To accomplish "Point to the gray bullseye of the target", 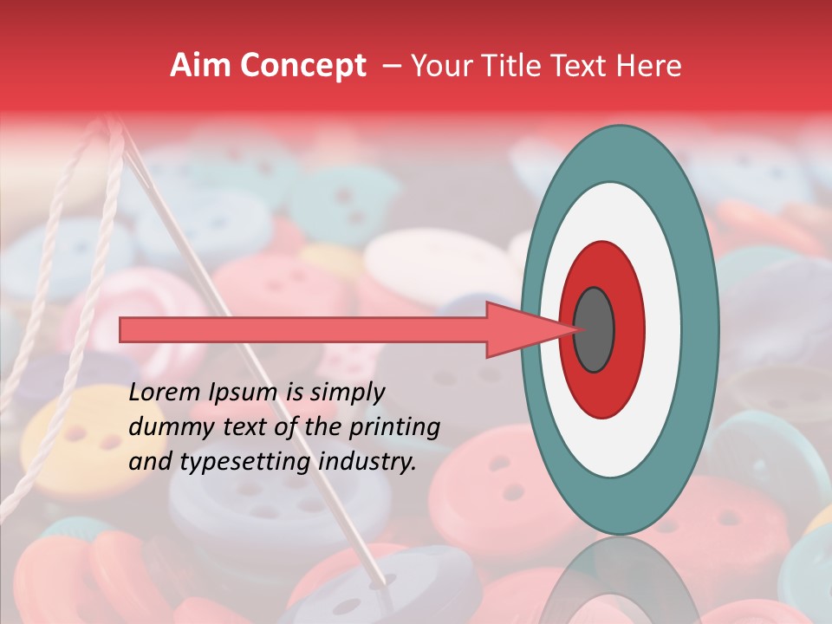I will click(594, 329).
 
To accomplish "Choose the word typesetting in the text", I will click(229, 463).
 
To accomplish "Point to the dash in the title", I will click(391, 66).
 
